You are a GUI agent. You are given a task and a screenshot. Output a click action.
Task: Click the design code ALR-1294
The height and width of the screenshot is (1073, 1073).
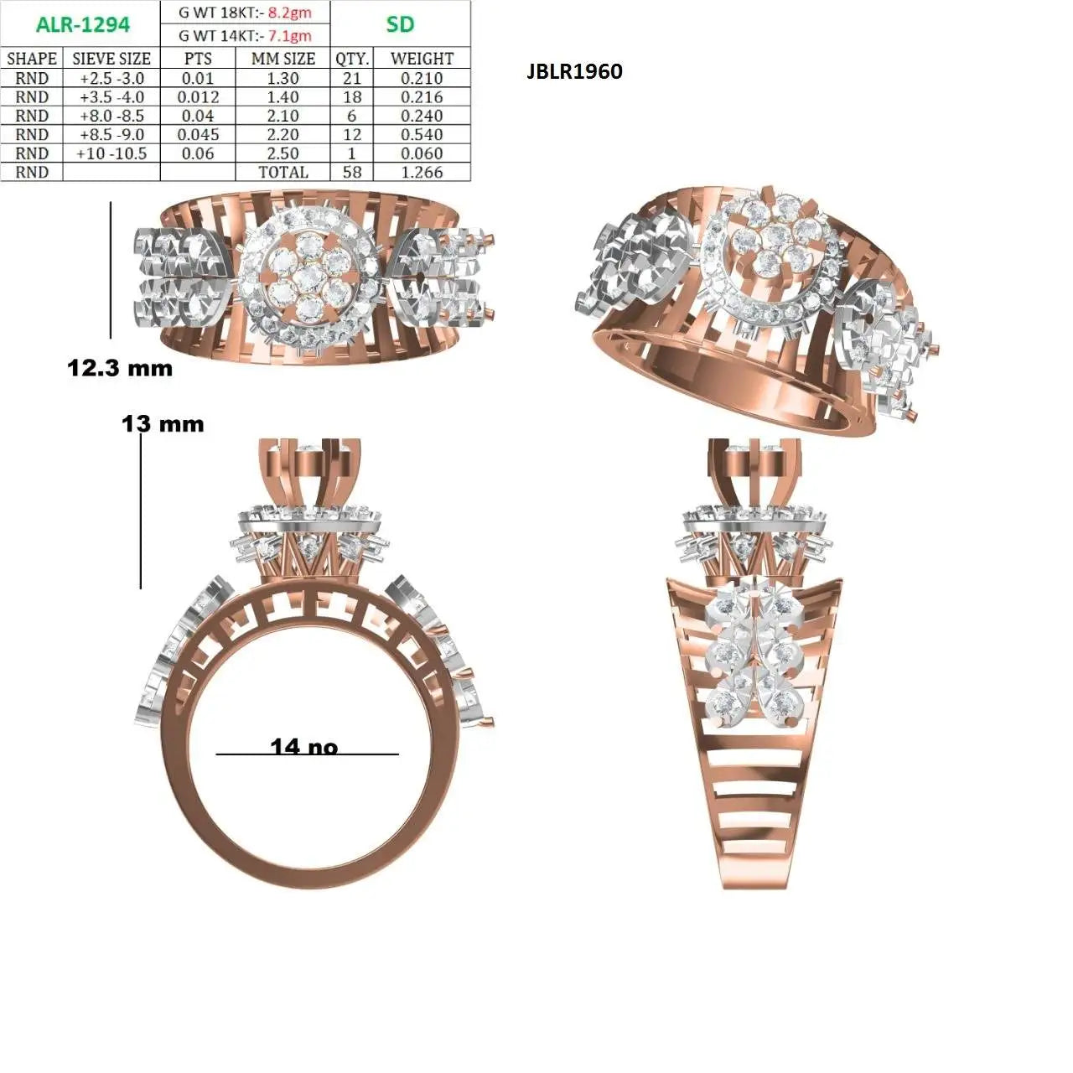pos(83,24)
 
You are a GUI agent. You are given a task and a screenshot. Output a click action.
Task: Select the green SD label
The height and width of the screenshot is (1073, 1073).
pos(400,24)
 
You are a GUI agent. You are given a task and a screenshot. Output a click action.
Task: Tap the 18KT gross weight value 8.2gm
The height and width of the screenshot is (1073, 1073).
pos(289,13)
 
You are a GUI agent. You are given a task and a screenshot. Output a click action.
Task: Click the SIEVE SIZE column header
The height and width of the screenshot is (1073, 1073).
pos(111,59)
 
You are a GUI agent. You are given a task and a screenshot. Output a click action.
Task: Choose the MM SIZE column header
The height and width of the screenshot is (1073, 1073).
pos(283,59)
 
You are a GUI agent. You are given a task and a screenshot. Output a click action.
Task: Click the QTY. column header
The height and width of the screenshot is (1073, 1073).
pos(352,59)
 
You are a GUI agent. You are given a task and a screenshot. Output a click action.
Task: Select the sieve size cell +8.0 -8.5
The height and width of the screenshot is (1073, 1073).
pos(112,116)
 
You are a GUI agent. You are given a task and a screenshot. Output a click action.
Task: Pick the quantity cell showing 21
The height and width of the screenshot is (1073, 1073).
pos(352,79)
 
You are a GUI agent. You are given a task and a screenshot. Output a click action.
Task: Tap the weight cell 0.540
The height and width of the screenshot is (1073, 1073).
pos(422,135)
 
